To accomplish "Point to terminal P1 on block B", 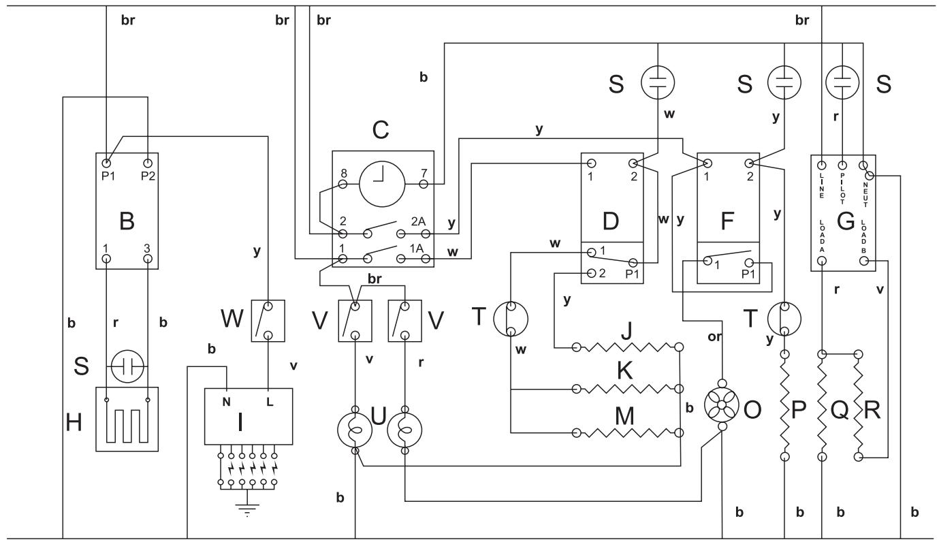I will (x=106, y=164).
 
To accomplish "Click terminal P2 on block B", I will (x=148, y=164).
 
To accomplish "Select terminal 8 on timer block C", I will (x=343, y=185).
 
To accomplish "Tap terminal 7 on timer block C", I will (x=423, y=185).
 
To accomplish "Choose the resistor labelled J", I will (x=627, y=348).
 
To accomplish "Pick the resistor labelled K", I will (x=627, y=390).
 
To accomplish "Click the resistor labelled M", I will (x=627, y=432).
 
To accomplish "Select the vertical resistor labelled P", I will (x=785, y=406).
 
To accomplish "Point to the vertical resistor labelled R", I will (x=859, y=406).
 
